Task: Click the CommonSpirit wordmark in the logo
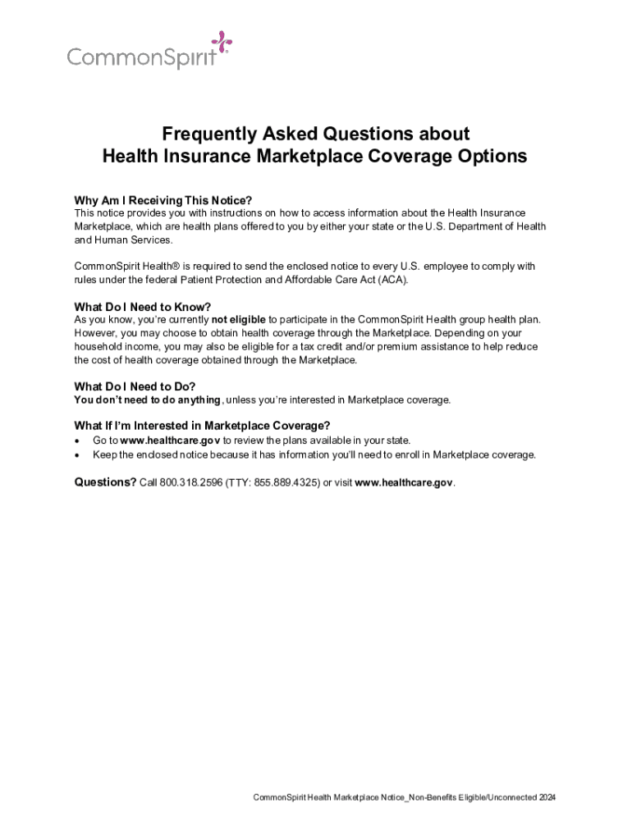(142, 57)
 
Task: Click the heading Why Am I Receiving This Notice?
(163, 201)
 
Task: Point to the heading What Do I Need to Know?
(143, 308)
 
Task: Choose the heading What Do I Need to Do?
(135, 386)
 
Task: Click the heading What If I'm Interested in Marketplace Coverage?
(202, 426)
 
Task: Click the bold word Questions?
(105, 482)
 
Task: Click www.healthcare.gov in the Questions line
(403, 483)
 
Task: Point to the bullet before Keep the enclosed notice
(77, 454)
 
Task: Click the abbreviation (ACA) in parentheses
(390, 280)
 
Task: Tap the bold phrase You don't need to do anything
(147, 399)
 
